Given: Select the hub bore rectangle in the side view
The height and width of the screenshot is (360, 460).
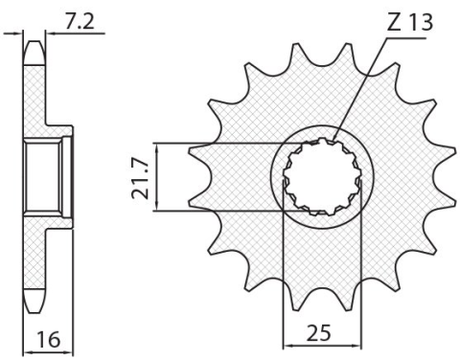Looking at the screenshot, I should click(45, 177).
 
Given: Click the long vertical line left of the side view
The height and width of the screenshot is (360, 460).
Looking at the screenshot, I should click(21, 177).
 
